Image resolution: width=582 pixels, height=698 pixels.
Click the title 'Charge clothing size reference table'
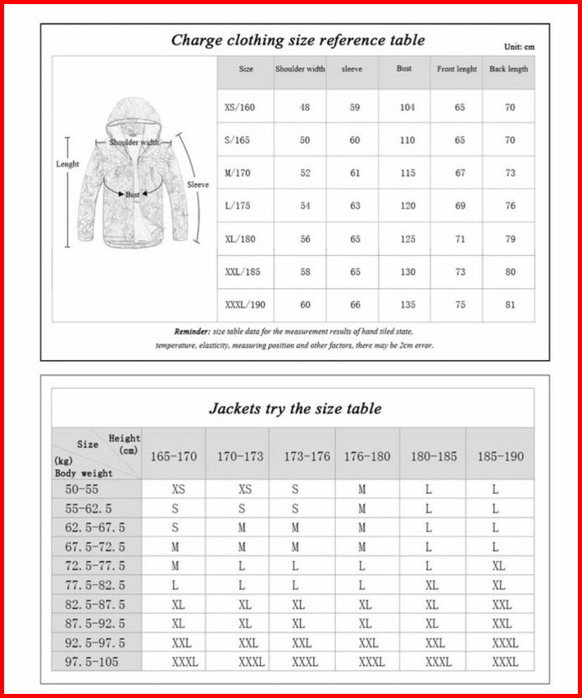pos(298,40)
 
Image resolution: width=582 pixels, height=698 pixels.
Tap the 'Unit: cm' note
pos(519,47)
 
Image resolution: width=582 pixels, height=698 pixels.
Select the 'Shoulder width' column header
pos(300,70)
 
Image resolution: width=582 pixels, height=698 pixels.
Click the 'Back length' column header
pos(509,70)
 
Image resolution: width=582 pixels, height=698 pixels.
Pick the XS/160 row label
pos(239,107)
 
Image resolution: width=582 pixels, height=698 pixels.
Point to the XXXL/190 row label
pos(245,304)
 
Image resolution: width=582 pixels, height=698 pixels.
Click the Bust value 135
pos(407,304)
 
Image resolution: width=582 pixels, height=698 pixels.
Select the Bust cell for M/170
pos(407,173)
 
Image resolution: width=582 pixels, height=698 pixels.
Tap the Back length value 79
pos(510,239)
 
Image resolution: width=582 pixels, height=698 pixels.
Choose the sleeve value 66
pos(355,304)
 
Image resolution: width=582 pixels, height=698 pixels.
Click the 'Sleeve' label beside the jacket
pos(198,185)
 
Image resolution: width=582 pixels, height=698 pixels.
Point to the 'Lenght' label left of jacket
pos(67,164)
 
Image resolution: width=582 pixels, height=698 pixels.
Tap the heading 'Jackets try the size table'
pos(294,408)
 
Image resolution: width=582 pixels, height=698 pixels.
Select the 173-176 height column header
pos(307,456)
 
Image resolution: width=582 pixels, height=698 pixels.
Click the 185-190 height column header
pos(500,456)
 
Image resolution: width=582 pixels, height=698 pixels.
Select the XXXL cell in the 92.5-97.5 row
pos(505,643)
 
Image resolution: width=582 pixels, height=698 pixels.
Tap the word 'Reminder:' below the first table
pos(193,331)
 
